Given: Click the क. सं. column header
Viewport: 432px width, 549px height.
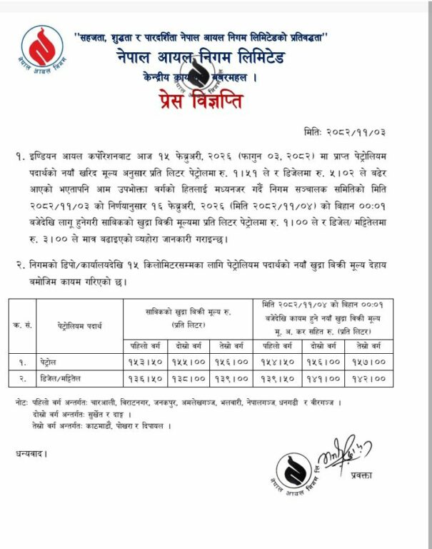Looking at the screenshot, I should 21,325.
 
